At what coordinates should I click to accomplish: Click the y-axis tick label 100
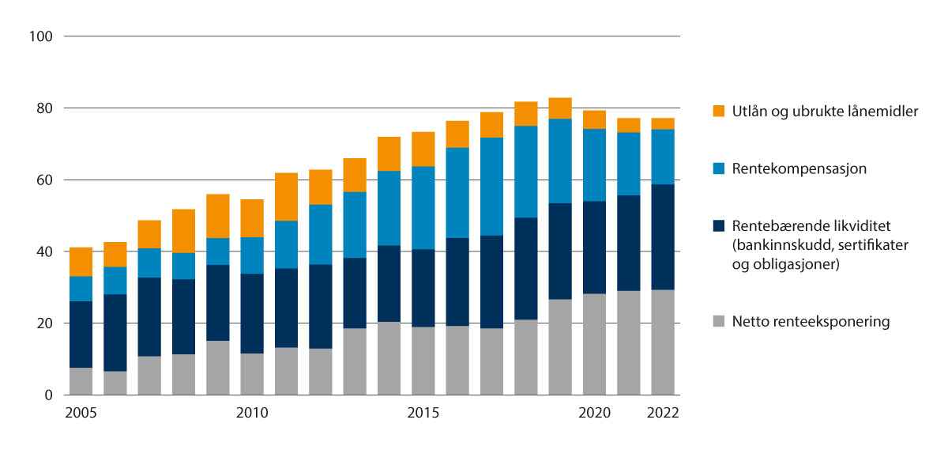(41, 36)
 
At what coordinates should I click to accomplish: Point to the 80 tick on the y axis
(44, 108)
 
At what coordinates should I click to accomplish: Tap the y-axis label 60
(44, 180)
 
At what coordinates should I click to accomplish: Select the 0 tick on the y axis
(48, 395)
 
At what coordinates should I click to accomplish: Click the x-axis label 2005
(81, 413)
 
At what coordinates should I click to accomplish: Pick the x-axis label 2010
(252, 413)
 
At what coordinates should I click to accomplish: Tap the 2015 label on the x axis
(423, 413)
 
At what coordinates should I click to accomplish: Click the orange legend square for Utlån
(717, 112)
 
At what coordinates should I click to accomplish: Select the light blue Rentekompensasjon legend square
(717, 168)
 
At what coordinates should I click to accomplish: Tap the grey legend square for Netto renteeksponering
(717, 322)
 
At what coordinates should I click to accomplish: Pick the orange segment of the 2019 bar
(560, 108)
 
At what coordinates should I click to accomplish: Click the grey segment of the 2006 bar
(115, 383)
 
